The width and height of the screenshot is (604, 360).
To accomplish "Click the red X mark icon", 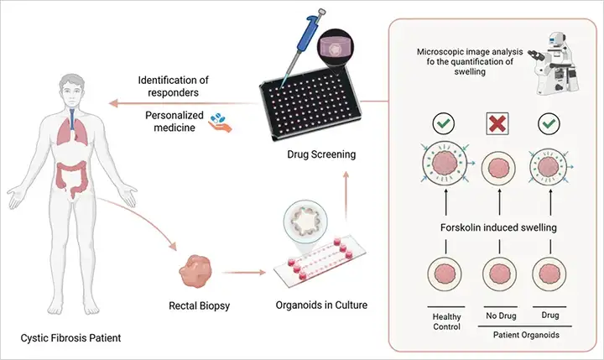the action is [x=497, y=123].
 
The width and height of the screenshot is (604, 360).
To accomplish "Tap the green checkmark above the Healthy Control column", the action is [x=444, y=123].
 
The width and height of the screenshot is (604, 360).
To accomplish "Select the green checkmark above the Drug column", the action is [x=549, y=123].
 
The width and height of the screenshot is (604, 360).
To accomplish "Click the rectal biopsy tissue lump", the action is [x=195, y=271].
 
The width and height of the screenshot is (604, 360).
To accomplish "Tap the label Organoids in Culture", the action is [x=321, y=305].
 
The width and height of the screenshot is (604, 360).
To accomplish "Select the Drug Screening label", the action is [x=321, y=154].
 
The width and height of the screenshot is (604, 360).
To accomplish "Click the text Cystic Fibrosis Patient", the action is [x=70, y=338].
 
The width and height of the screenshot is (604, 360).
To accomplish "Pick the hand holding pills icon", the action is [x=220, y=123].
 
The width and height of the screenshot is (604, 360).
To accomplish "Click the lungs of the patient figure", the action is [x=73, y=129].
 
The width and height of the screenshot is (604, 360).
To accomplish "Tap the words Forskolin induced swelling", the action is [x=498, y=227].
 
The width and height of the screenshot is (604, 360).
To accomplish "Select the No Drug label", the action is [x=501, y=316].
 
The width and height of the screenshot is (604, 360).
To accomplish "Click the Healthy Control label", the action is [x=446, y=321].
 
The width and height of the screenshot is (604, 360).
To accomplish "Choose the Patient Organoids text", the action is [x=526, y=335].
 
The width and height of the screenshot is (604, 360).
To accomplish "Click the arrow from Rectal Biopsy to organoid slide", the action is [x=244, y=273].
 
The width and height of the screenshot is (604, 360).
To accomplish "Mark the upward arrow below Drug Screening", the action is [x=346, y=196].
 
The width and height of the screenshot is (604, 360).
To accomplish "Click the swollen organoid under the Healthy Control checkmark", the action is [x=445, y=164].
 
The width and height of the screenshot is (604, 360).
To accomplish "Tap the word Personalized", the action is [x=174, y=115].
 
